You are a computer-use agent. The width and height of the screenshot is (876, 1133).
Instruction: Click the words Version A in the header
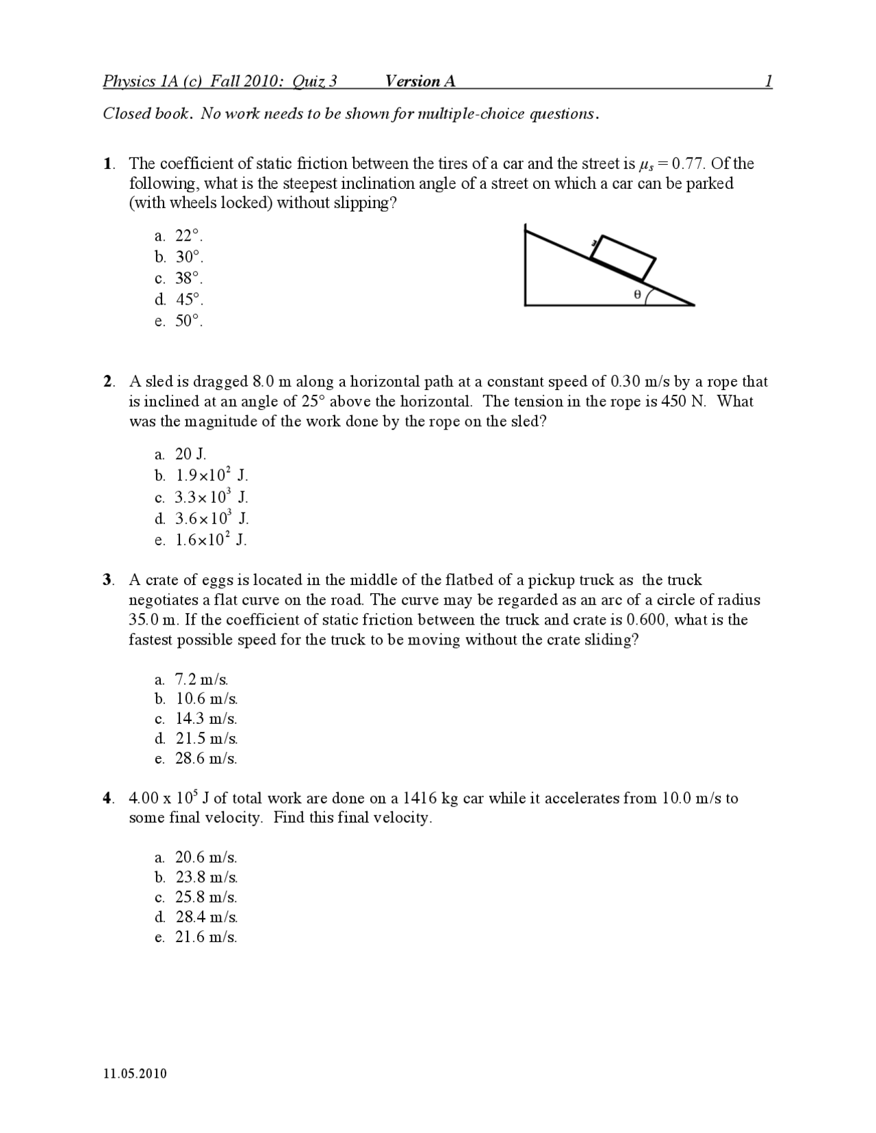coord(420,81)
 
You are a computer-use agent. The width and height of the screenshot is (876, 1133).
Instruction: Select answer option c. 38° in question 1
coord(180,278)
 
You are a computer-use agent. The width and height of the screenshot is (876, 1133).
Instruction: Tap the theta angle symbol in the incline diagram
coord(637,295)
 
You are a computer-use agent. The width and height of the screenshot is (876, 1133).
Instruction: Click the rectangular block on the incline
coord(623,257)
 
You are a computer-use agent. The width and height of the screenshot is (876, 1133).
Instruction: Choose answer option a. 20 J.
coord(181,454)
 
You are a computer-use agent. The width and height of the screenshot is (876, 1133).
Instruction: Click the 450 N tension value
coord(684,402)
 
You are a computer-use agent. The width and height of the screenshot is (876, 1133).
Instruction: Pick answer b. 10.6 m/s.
coord(197,699)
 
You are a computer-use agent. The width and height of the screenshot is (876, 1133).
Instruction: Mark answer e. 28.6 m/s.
coord(197,759)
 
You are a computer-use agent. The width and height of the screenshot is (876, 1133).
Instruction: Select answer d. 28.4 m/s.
coord(197,917)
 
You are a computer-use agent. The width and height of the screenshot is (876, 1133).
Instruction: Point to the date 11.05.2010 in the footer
coord(135,1073)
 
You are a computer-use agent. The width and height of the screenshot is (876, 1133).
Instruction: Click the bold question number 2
coord(107,382)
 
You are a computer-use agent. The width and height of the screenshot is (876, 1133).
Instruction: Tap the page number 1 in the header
coord(769,81)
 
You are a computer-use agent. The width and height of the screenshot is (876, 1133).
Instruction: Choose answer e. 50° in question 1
coord(180,321)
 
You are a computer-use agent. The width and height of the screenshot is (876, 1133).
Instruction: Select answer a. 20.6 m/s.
coord(197,858)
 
